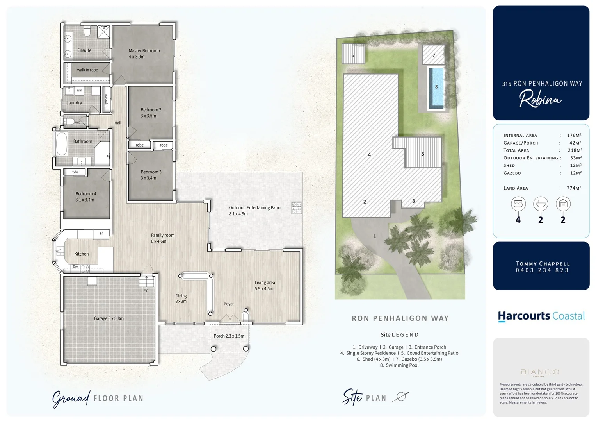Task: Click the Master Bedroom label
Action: [144, 51]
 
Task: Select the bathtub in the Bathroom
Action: [62, 144]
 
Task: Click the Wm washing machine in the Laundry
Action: [79, 91]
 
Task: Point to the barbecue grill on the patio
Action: [296, 207]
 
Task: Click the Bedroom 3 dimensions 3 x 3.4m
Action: [148, 178]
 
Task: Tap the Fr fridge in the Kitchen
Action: [101, 234]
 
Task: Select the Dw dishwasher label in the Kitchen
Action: [75, 267]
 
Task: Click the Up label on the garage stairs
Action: [146, 290]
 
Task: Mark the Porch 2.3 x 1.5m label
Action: [229, 336]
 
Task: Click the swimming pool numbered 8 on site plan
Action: [436, 88]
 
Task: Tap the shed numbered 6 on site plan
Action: [353, 54]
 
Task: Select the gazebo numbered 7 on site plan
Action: [434, 55]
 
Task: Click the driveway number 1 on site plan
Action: [375, 236]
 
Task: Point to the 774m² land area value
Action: [574, 188]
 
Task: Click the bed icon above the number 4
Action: [518, 204]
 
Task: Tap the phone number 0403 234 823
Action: [542, 270]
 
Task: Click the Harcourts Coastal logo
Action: [541, 316]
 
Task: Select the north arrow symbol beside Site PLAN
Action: [400, 397]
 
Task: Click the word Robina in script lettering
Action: [540, 99]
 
